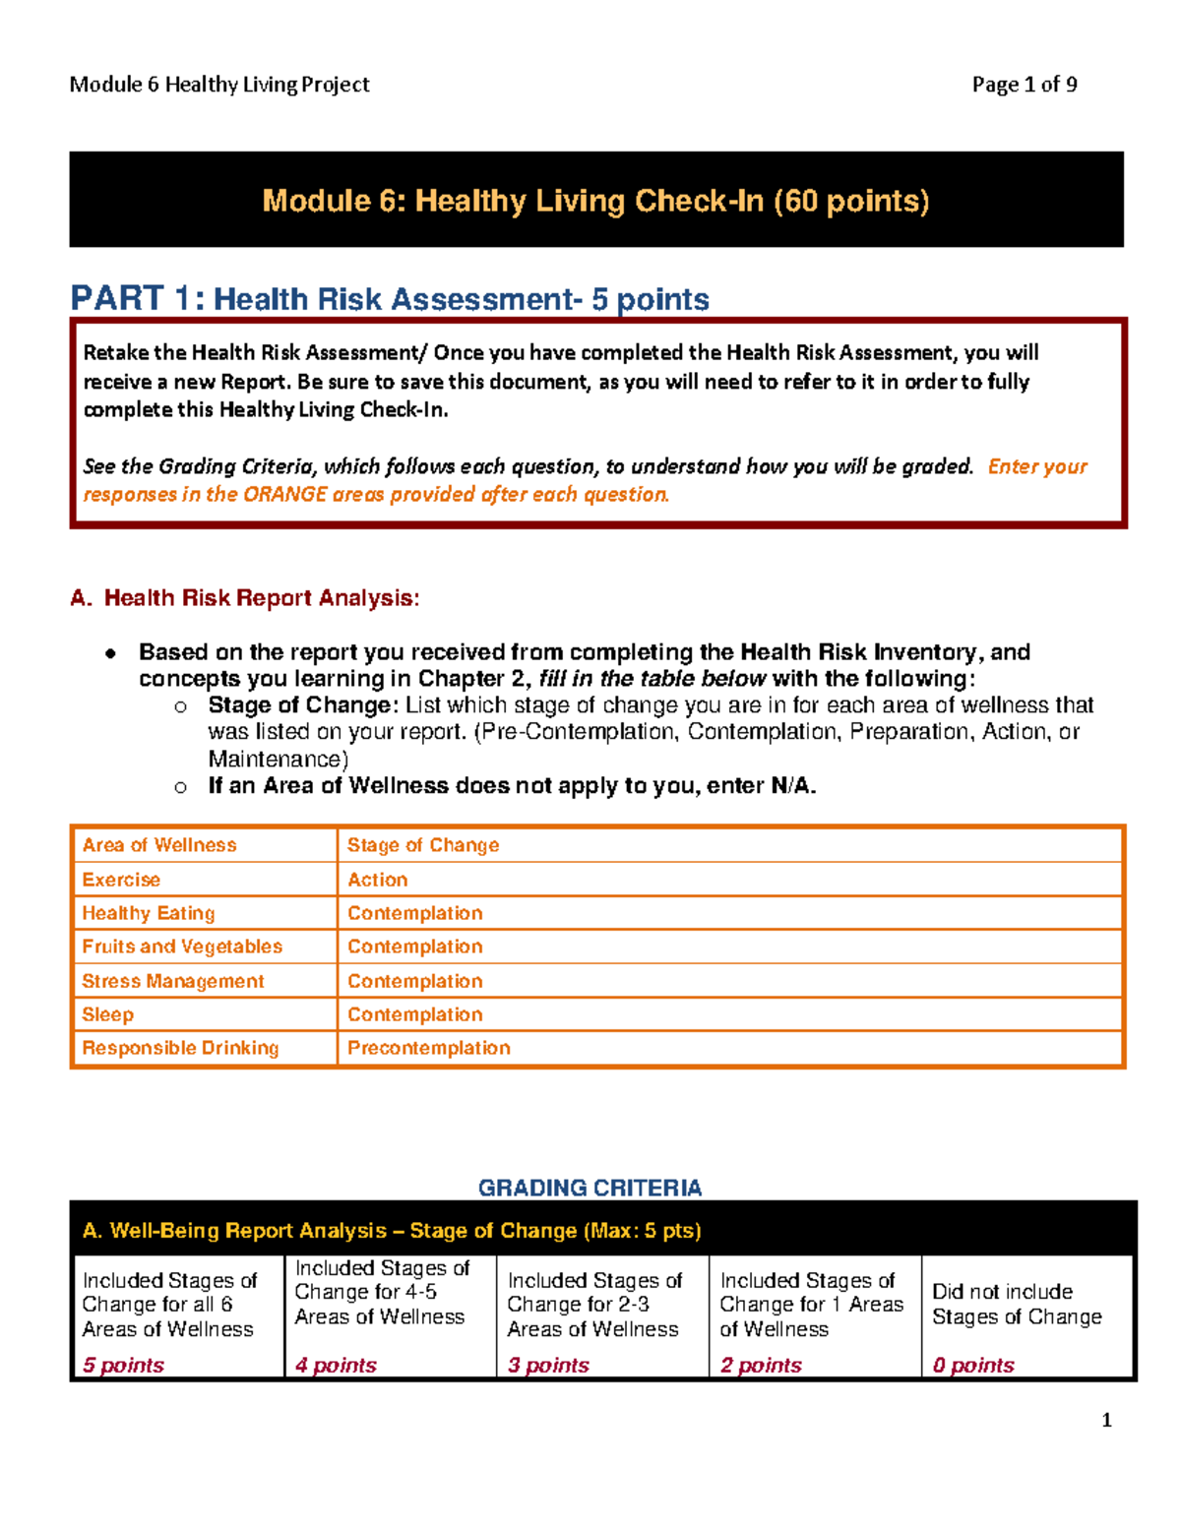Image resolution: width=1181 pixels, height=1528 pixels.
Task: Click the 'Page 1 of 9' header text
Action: click(x=1024, y=85)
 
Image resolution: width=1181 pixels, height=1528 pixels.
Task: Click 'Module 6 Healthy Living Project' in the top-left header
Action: click(x=219, y=85)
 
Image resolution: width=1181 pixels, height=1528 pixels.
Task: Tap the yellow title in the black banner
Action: click(x=595, y=201)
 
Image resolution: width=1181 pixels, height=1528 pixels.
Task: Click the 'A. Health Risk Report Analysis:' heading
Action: click(x=245, y=598)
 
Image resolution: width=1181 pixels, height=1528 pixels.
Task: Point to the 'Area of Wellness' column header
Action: click(x=159, y=845)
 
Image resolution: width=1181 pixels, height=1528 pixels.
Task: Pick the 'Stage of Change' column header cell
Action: click(x=423, y=845)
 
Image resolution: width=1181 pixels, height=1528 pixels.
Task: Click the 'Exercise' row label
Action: click(x=121, y=880)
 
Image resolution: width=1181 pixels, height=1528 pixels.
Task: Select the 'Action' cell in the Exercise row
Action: click(x=377, y=880)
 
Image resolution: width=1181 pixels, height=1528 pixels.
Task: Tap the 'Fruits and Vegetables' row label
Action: click(x=182, y=947)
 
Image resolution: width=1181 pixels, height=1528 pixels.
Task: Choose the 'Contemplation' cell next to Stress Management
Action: click(x=414, y=981)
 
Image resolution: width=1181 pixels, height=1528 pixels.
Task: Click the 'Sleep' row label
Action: click(x=107, y=1014)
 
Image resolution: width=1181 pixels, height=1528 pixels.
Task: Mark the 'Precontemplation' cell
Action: click(x=428, y=1048)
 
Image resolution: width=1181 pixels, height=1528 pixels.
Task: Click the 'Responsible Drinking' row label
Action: click(x=180, y=1048)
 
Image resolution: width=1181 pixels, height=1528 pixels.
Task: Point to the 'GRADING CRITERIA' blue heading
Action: click(x=590, y=1188)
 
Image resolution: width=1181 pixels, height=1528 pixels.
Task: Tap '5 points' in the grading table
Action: click(x=123, y=1365)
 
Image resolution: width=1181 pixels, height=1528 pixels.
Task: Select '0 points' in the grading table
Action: click(x=973, y=1365)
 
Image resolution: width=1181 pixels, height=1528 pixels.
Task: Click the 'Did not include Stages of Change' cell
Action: click(x=1017, y=1304)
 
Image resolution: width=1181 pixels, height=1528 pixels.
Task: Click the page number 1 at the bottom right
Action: click(x=1106, y=1420)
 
